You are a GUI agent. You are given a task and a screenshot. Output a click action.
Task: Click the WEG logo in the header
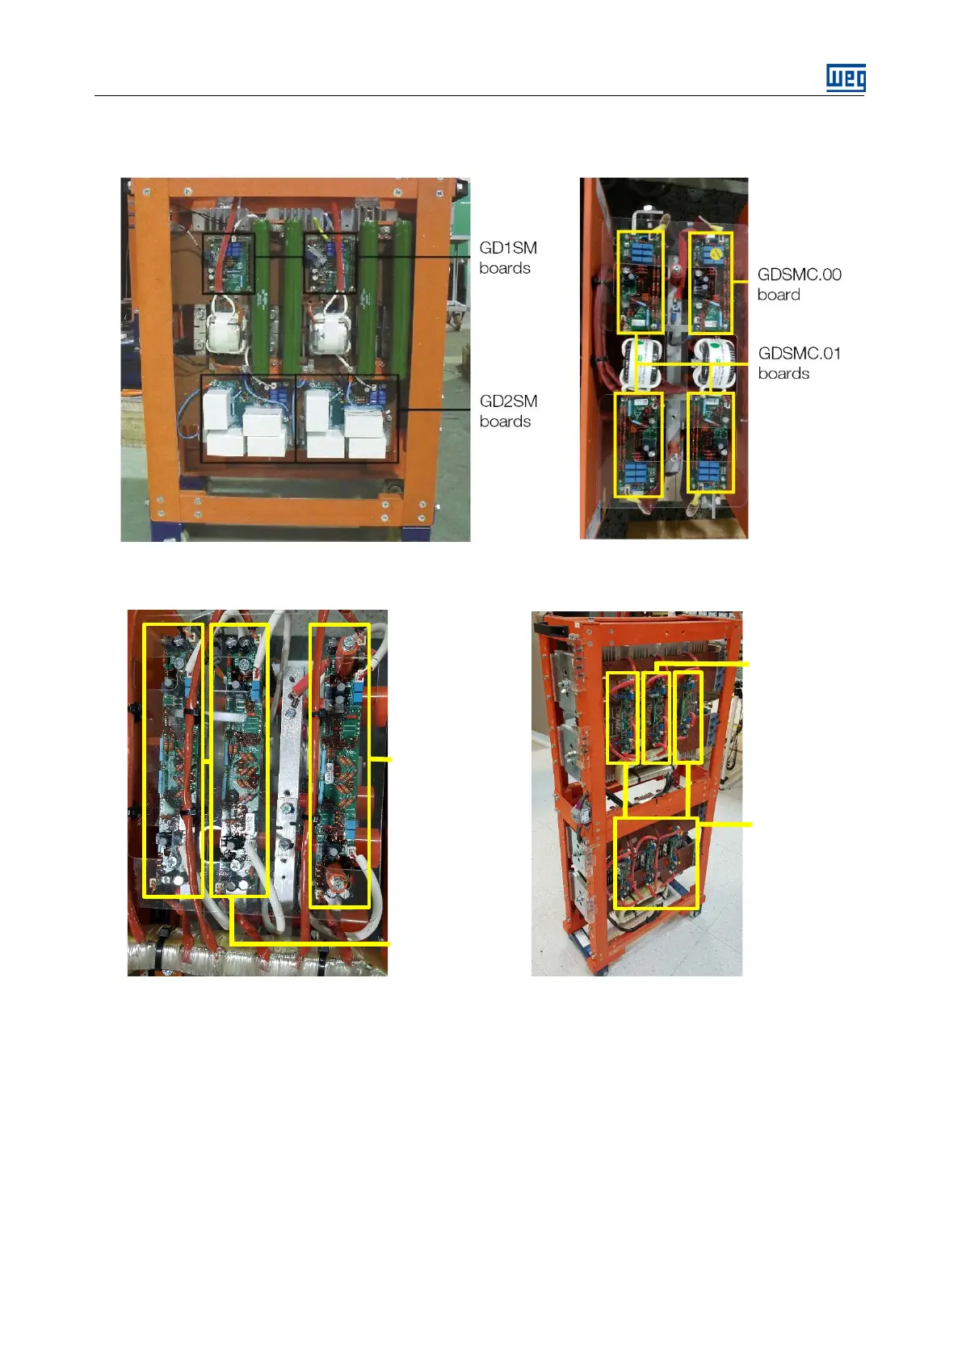click(846, 78)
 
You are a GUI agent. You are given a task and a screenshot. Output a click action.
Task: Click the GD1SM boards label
click(507, 258)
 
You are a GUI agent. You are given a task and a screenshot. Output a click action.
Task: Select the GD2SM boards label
click(507, 411)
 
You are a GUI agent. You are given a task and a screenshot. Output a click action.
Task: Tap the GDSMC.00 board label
click(799, 284)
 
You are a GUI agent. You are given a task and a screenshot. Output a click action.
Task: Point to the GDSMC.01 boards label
click(799, 363)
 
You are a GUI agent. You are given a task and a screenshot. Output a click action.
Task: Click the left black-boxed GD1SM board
click(228, 264)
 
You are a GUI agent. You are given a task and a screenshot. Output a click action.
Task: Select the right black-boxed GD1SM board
click(330, 263)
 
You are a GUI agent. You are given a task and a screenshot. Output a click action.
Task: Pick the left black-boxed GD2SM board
click(248, 418)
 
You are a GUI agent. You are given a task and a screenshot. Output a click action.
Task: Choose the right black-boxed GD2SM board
click(347, 418)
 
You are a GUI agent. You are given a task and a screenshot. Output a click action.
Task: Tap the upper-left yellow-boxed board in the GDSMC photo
click(640, 282)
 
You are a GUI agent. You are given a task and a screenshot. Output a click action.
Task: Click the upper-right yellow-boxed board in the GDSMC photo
click(711, 282)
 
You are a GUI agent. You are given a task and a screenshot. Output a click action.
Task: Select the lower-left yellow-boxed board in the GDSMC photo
click(638, 444)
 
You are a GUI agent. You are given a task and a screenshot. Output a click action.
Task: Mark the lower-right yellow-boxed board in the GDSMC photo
click(711, 442)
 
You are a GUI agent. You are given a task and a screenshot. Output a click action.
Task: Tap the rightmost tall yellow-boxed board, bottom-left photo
click(339, 765)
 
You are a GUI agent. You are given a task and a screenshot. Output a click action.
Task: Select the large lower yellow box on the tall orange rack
click(655, 863)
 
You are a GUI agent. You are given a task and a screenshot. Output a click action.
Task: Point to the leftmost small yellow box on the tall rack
click(622, 717)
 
